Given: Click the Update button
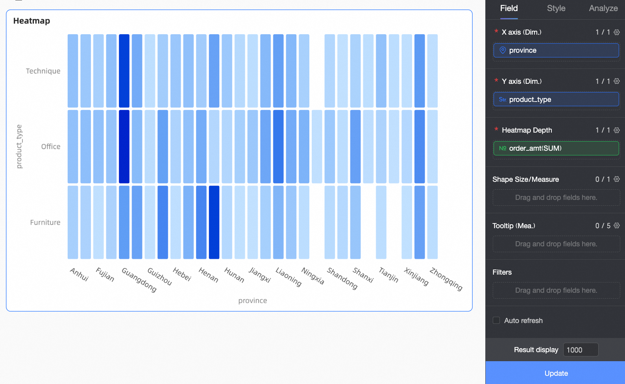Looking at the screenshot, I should click(556, 373).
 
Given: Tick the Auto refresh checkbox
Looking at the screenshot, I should click(496, 320).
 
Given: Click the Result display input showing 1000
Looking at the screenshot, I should click(581, 350).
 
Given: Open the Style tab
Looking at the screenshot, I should click(556, 8).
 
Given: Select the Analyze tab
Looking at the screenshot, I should click(603, 8).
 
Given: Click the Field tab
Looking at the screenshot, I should click(509, 8).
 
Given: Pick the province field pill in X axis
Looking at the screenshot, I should click(556, 50).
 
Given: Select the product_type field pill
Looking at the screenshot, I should click(556, 100).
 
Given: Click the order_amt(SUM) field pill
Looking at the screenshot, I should click(556, 148).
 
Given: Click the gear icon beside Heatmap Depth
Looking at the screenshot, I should click(617, 130).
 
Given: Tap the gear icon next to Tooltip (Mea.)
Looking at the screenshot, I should click(617, 225).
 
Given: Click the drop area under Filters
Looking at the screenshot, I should click(556, 290).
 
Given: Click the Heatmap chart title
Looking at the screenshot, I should click(31, 21).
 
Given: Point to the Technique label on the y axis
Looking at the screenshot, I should click(43, 71).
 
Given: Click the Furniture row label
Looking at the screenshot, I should click(45, 222).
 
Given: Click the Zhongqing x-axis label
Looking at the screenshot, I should click(446, 279).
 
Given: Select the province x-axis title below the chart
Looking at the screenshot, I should click(252, 301).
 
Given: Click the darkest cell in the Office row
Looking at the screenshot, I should click(124, 146).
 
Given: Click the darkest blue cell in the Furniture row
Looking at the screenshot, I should click(214, 222).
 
